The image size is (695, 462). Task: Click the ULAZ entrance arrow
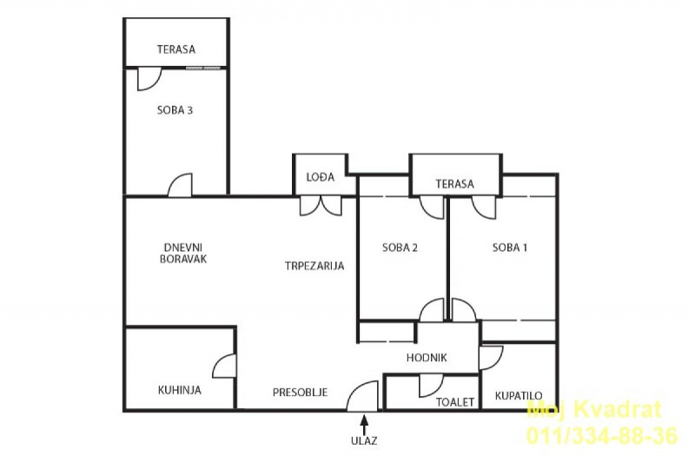pyautogui.click(x=364, y=425)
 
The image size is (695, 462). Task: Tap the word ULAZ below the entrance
pyautogui.click(x=364, y=441)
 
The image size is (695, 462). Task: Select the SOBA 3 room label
pyautogui.click(x=175, y=110)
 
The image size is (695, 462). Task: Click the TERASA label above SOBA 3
pyautogui.click(x=176, y=49)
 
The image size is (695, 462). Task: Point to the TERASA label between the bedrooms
pyautogui.click(x=454, y=184)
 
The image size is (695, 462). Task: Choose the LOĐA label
pyautogui.click(x=321, y=177)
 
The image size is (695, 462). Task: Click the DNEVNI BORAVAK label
pyautogui.click(x=183, y=254)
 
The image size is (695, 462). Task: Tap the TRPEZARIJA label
pyautogui.click(x=314, y=266)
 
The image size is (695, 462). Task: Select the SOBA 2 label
pyautogui.click(x=400, y=247)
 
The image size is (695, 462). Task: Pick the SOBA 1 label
pyautogui.click(x=510, y=247)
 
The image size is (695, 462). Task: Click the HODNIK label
pyautogui.click(x=427, y=358)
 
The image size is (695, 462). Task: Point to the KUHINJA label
pyautogui.click(x=180, y=390)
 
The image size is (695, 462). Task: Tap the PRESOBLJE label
pyautogui.click(x=300, y=393)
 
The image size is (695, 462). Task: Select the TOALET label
pyautogui.click(x=455, y=402)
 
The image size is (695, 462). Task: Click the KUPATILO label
pyautogui.click(x=519, y=395)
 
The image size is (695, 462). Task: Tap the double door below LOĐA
pyautogui.click(x=321, y=207)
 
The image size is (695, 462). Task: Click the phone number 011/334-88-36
pyautogui.click(x=602, y=435)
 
